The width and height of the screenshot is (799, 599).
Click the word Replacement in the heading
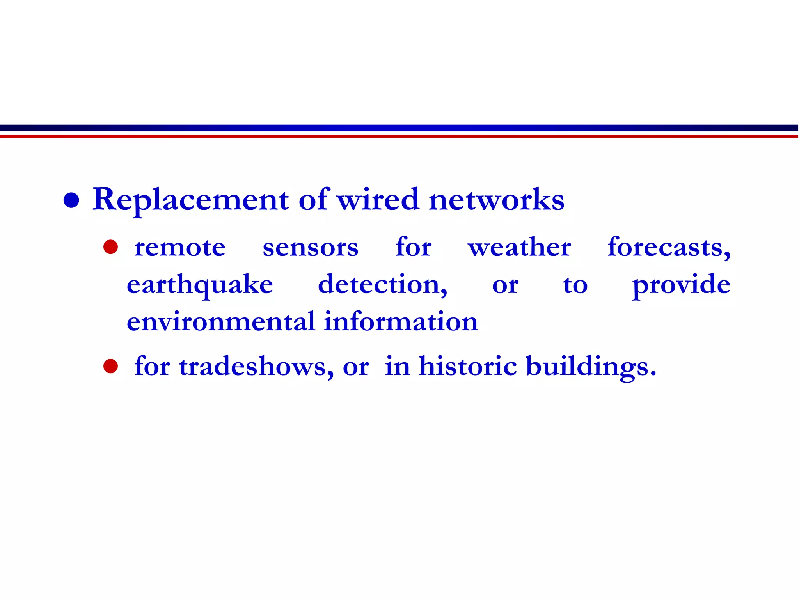(190, 200)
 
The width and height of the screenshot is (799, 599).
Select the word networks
(496, 199)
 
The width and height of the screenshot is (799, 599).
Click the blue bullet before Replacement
(71, 200)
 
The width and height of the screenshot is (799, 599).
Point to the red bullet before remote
(110, 247)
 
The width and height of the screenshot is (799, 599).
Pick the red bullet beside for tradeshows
(110, 366)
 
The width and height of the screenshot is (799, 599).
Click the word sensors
(310, 248)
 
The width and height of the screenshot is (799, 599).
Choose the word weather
(519, 247)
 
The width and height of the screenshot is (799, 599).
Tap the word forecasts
(669, 247)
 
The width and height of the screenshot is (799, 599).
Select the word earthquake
(200, 285)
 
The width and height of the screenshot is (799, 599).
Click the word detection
(382, 284)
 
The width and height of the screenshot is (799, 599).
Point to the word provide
(681, 285)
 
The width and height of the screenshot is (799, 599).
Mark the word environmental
(221, 322)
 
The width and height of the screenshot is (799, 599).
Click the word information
(401, 322)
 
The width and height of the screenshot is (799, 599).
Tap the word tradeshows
(256, 367)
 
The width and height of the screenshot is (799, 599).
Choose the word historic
(468, 366)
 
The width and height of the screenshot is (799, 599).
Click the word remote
(180, 248)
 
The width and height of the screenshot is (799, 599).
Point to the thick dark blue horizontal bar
(399, 128)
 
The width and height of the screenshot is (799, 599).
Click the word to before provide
(575, 285)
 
